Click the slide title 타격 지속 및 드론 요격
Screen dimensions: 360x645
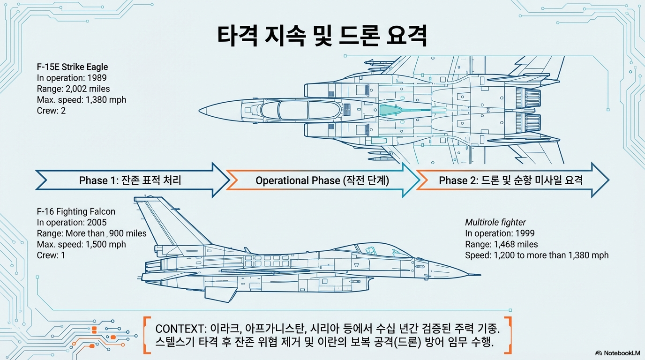tap(322, 37)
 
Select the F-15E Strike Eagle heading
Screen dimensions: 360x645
tap(72, 67)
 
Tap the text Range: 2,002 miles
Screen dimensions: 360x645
tap(73, 89)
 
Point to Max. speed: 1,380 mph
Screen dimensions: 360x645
tap(81, 99)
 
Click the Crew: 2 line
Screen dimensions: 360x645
tap(52, 111)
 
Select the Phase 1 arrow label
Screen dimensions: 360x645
tap(130, 180)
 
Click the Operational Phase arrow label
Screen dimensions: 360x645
tap(322, 180)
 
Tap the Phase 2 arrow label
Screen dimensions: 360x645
tap(510, 180)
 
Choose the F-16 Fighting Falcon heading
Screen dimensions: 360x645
tap(76, 211)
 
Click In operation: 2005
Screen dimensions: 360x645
tap(72, 222)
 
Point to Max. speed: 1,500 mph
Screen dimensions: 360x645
tap(81, 244)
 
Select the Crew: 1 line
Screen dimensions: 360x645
tap(51, 255)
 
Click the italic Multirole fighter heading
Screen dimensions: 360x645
tap(495, 222)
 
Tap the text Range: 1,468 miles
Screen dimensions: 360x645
tap(501, 244)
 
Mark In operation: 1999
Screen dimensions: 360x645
tap(500, 233)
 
